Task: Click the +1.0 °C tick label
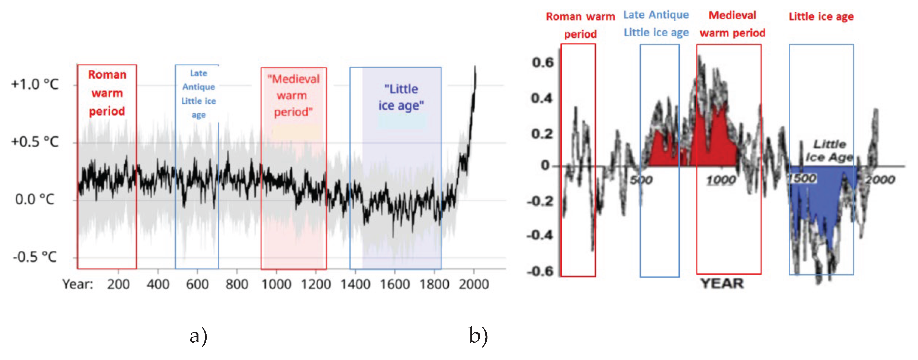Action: point(35,84)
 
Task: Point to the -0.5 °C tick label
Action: point(35,257)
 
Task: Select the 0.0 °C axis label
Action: point(35,199)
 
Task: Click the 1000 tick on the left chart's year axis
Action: point(276,284)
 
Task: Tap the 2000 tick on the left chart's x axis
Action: point(474,284)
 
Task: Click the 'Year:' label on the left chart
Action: point(78,284)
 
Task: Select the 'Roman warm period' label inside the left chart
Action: point(107,93)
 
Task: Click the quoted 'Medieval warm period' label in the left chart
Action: point(293,95)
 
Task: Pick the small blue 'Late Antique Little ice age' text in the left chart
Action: point(198,94)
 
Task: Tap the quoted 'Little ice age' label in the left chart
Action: point(401,97)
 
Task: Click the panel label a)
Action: point(198,336)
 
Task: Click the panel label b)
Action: point(478,336)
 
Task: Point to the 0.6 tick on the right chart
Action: point(543,62)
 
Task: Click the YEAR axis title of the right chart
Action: point(722,284)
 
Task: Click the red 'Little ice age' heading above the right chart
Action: point(821,16)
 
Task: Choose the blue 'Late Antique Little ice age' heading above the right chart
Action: point(656,24)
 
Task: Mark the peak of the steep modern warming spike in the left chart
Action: point(475,67)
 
